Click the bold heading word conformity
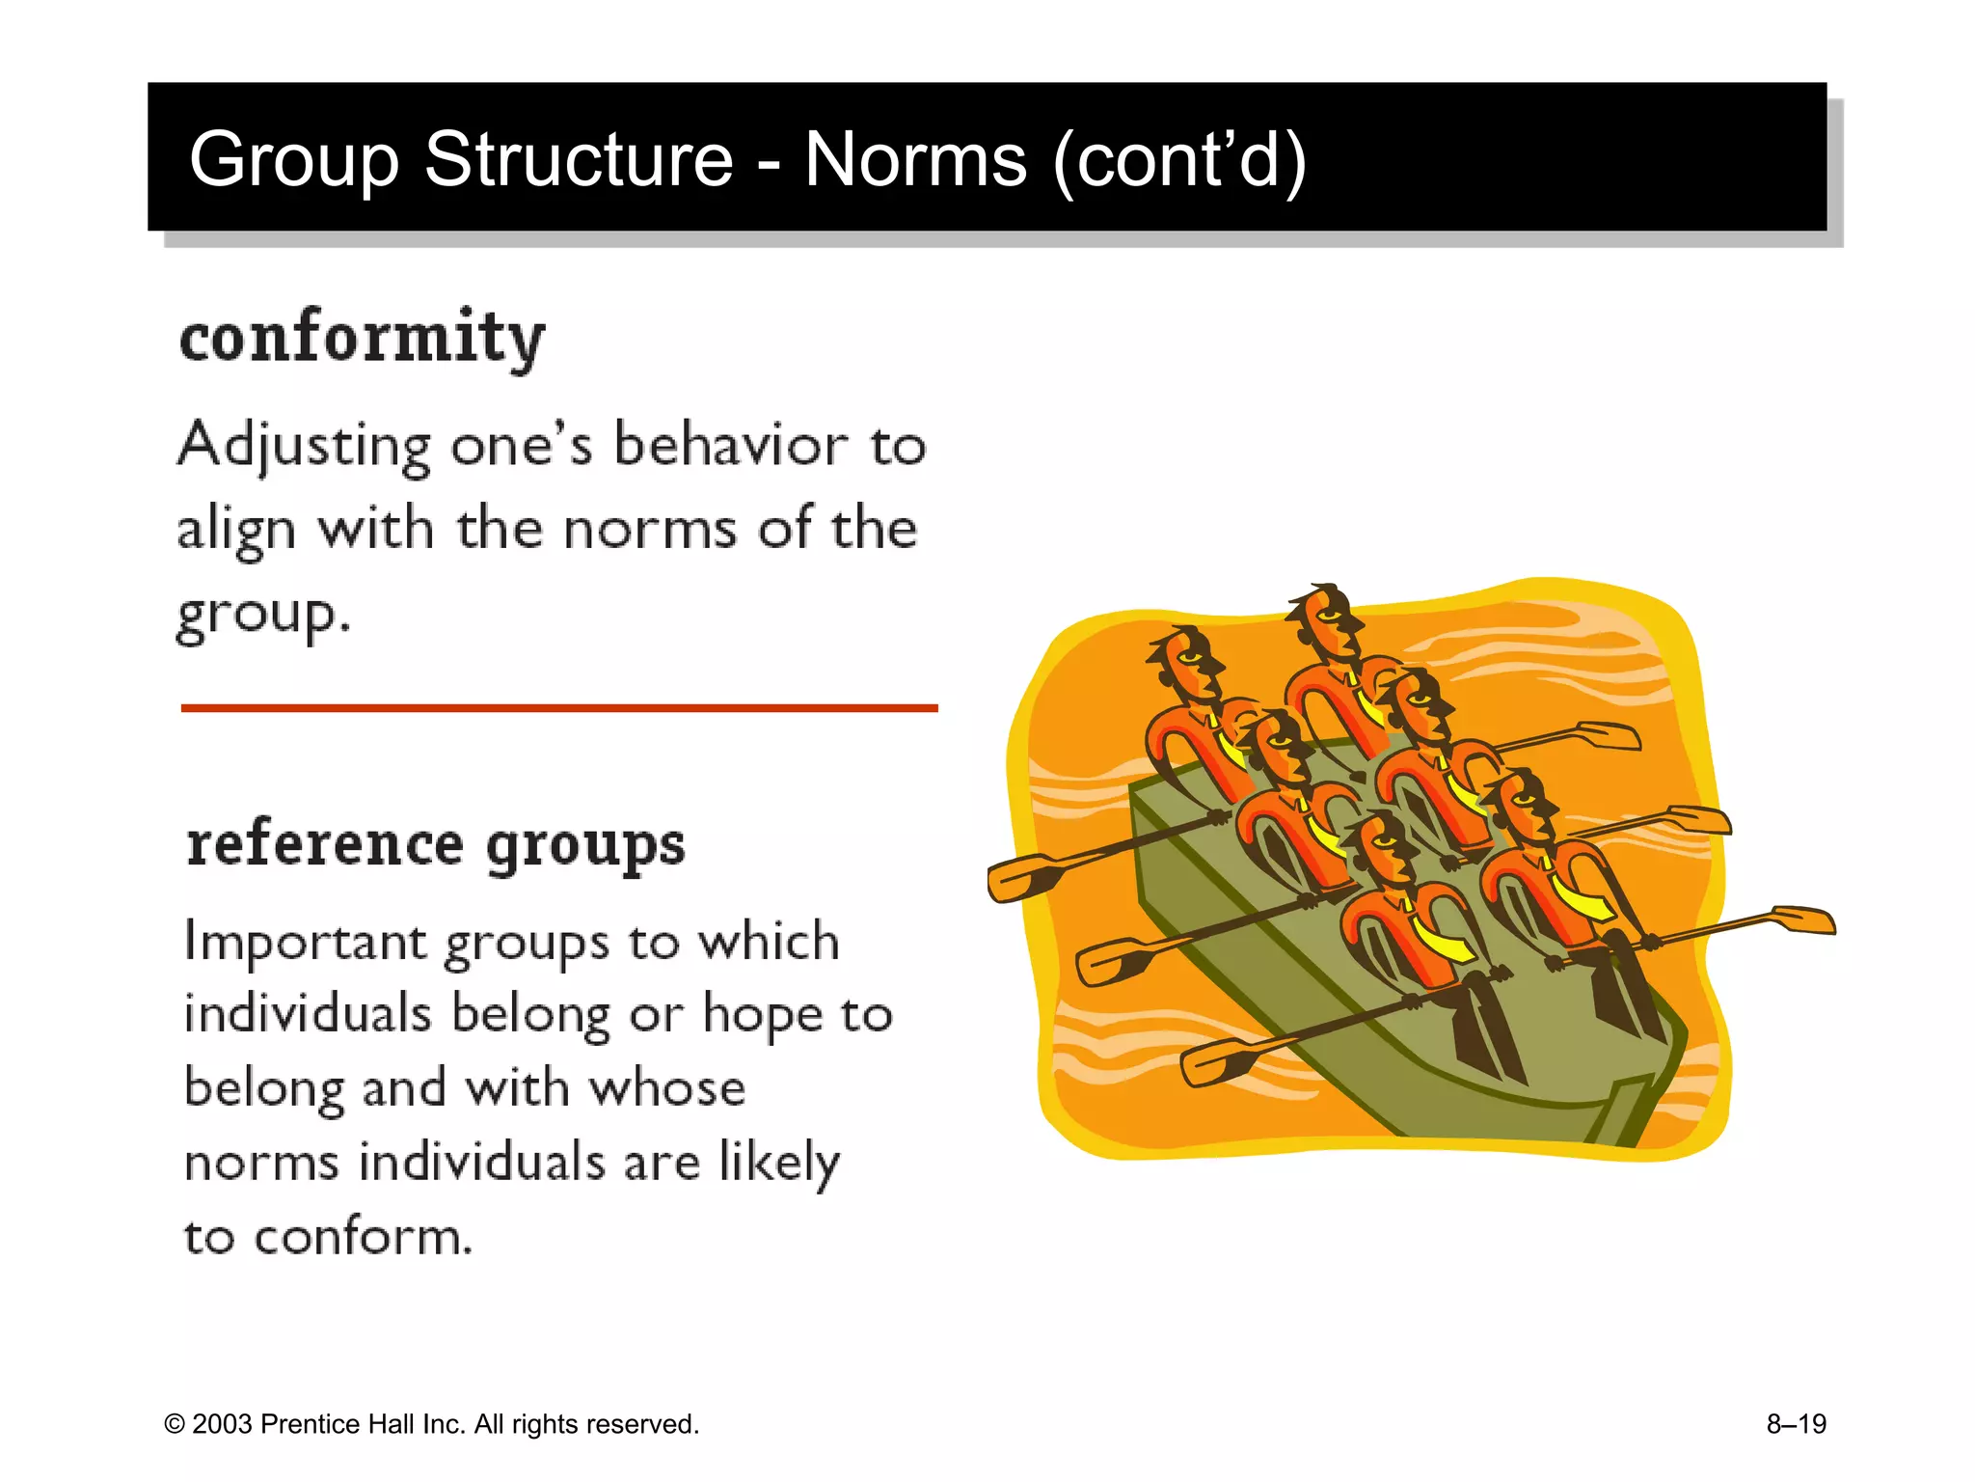(x=363, y=338)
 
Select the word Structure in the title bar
(x=579, y=159)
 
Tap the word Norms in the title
(x=915, y=159)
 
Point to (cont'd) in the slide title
(x=1179, y=159)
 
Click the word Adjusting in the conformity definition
(x=304, y=447)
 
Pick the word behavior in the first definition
(x=732, y=446)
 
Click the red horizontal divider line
(x=559, y=708)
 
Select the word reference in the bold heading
(x=325, y=844)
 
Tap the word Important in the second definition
(x=305, y=943)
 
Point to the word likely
(x=779, y=1163)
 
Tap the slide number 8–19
(x=1796, y=1424)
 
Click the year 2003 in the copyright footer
(x=222, y=1424)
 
